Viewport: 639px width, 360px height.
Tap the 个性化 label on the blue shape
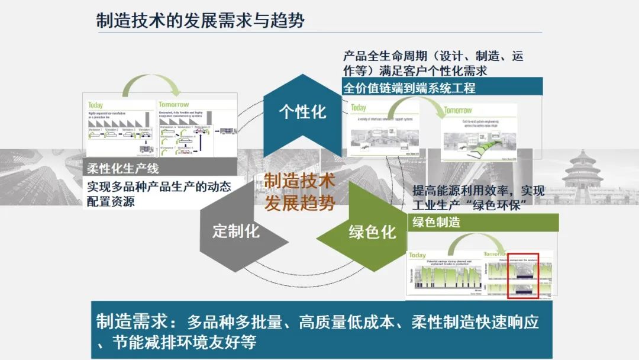click(x=302, y=112)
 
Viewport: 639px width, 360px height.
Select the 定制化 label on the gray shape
click(x=235, y=231)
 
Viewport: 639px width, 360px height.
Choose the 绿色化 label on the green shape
click(x=372, y=232)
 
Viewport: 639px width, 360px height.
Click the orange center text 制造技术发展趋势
click(x=299, y=191)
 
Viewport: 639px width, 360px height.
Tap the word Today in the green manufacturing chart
click(x=418, y=255)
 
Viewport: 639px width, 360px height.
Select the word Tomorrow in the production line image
click(x=174, y=105)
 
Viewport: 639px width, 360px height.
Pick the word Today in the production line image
click(x=96, y=105)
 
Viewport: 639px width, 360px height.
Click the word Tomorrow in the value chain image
click(x=458, y=110)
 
